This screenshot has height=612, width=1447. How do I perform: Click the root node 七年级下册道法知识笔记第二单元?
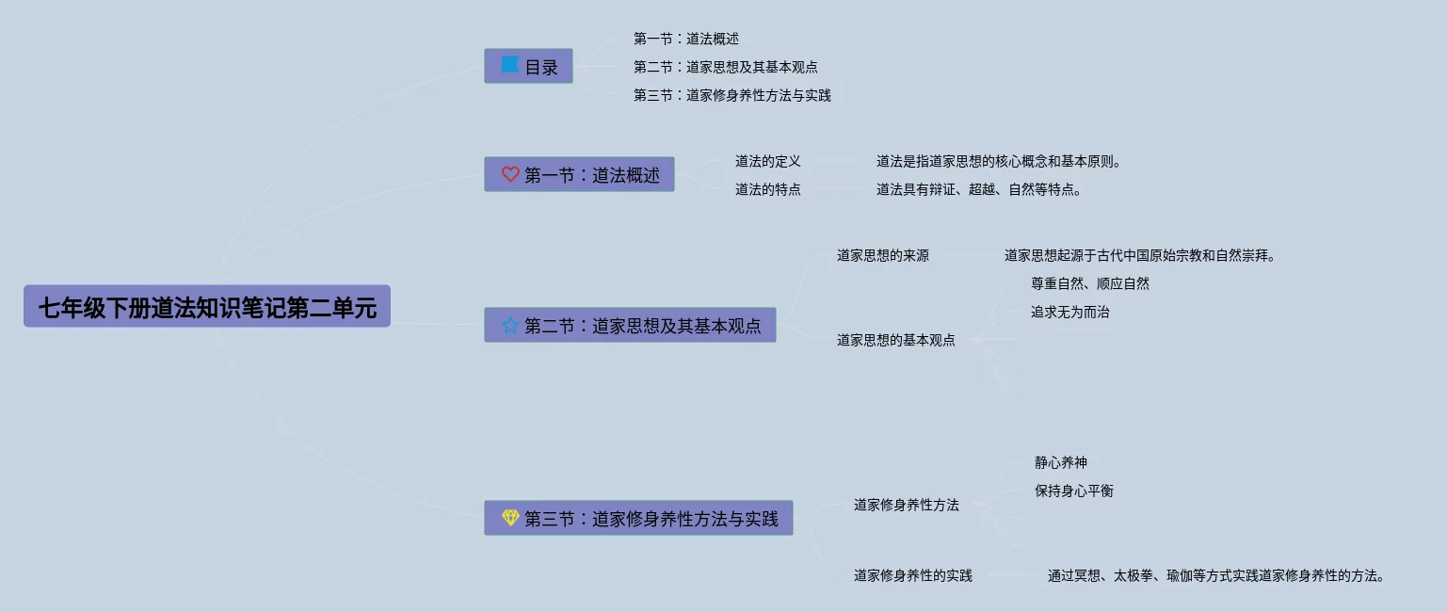(206, 307)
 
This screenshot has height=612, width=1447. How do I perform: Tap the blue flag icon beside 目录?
(509, 65)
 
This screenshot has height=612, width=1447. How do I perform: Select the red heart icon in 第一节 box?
(510, 174)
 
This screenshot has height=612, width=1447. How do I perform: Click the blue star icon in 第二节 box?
(510, 326)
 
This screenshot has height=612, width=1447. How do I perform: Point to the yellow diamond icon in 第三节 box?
(510, 518)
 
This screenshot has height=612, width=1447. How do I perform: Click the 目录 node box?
(528, 66)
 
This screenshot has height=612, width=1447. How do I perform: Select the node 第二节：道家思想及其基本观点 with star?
(630, 326)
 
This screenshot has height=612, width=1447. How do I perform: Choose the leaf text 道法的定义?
(767, 161)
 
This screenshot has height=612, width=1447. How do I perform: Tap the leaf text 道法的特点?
(767, 189)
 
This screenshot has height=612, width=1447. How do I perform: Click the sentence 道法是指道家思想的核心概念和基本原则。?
(999, 161)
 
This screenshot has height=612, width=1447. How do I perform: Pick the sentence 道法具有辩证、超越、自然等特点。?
(979, 189)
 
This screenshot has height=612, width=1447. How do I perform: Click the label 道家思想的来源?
(882, 255)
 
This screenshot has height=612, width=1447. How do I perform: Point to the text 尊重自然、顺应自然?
(1089, 283)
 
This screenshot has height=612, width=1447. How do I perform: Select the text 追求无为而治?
(1069, 312)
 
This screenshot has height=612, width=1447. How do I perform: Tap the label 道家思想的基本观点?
(895, 340)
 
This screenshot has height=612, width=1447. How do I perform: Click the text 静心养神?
(1060, 462)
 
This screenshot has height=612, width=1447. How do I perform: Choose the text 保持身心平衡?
(1073, 491)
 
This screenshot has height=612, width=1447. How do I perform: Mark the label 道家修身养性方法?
(906, 505)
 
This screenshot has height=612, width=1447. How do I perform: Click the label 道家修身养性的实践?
(912, 575)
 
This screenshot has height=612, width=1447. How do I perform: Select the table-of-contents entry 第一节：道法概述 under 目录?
(685, 39)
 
